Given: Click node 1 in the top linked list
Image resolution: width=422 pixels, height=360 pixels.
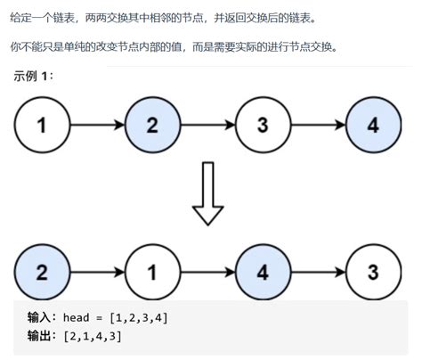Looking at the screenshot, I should pos(41,126).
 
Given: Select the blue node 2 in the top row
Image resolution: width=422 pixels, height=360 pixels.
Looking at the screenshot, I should pos(151,126).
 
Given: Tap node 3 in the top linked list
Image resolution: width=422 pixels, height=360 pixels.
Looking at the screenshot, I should pos(262,126).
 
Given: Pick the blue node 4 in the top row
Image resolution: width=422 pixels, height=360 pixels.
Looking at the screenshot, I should pos(372,126).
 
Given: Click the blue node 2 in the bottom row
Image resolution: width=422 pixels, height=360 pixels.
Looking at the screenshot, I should pos(41,271).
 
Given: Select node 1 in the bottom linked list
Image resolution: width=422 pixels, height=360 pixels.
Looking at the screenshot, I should pos(151,271).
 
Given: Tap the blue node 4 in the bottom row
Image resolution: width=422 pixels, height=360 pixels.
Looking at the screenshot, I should pos(262,271).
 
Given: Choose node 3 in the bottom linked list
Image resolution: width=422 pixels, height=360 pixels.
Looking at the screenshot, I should pos(372,271).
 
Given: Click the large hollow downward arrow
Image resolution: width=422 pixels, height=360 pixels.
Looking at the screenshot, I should pos(207,198).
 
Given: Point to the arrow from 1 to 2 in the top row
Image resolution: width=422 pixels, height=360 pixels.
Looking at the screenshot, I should pos(96,126).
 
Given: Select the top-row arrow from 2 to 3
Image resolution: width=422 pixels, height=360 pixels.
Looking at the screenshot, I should pos(207,126).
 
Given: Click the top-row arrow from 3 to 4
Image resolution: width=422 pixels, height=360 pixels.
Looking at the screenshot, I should pos(317,126).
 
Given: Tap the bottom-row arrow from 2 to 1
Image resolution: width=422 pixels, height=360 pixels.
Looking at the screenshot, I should pos(96,271).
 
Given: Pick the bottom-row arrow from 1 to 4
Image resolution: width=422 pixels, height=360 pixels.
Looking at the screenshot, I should pos(207,271).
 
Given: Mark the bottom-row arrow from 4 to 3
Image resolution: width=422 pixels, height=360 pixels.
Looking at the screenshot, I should pos(317,271).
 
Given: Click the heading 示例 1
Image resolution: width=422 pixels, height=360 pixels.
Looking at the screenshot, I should pos(33,77).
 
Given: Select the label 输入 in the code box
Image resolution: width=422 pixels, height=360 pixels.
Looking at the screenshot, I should pos(43,317).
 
